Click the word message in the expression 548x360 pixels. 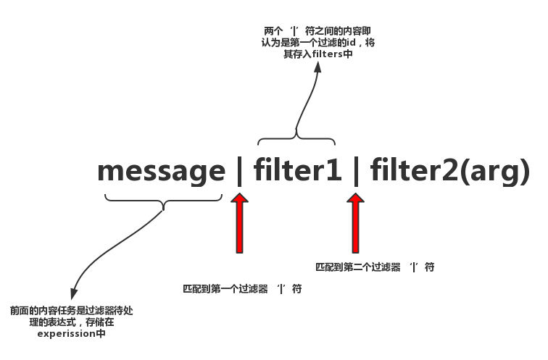point(162,171)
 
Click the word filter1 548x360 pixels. point(297,169)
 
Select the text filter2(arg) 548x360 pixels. point(450,171)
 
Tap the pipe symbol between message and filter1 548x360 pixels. point(239,170)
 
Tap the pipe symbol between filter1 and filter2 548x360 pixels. point(356,170)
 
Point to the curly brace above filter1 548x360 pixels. point(296,138)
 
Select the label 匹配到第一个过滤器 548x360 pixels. point(225,289)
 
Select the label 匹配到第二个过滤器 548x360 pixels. point(358,267)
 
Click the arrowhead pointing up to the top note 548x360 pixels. point(317,67)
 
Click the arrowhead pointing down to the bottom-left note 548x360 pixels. point(74,293)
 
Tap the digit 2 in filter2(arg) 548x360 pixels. point(450,169)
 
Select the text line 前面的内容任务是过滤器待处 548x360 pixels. point(72,311)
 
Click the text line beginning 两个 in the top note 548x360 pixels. point(317,31)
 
